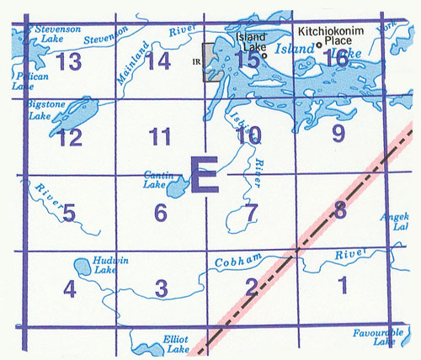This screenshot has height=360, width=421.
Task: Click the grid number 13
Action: pos(70,61)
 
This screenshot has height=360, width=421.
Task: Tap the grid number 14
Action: pos(157,61)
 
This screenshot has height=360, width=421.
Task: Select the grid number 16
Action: pos(337,58)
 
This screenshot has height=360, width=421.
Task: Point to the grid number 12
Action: pos(70,137)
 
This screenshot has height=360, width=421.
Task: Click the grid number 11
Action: pos(159,135)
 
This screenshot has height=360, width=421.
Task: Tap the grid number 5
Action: pos(70,214)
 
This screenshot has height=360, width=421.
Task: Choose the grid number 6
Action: pos(161,214)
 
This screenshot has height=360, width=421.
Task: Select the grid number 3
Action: pos(162,289)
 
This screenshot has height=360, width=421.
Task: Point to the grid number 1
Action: pos(341,286)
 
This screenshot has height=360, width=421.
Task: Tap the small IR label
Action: pos(195,61)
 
